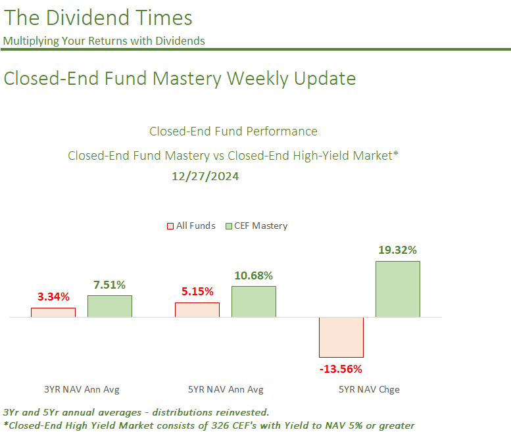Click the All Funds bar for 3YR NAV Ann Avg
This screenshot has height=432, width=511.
[x=53, y=312]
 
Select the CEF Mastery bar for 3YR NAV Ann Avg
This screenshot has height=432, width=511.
[x=110, y=306]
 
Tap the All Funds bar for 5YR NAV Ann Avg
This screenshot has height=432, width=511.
[x=197, y=310]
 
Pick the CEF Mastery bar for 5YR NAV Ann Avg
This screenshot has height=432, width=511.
[x=254, y=302]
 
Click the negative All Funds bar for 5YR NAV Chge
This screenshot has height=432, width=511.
[x=341, y=337]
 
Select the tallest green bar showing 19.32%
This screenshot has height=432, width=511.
[x=398, y=289]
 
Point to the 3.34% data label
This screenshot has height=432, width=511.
[x=53, y=297]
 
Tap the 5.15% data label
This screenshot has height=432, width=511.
[x=197, y=291]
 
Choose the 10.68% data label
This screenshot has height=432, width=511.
[x=253, y=275]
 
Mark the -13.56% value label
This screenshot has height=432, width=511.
[x=341, y=368]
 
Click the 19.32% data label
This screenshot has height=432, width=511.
[x=397, y=250]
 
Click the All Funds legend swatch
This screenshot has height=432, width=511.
[x=170, y=226]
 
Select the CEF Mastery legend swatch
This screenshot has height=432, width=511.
[x=229, y=226]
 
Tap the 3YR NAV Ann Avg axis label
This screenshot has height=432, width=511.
[x=82, y=389]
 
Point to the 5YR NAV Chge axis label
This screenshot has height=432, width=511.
[x=369, y=389]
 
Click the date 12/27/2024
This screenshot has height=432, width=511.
[x=205, y=176]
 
